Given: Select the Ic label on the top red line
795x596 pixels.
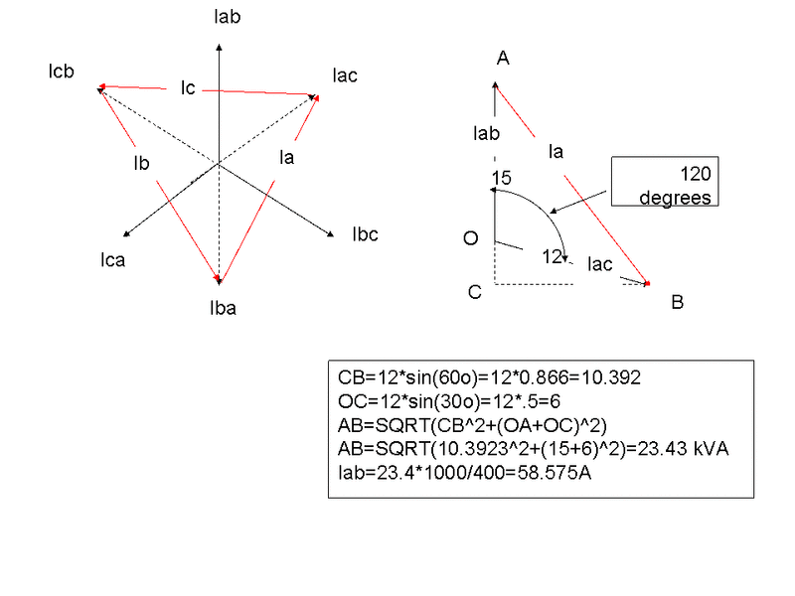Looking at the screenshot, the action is [187, 88].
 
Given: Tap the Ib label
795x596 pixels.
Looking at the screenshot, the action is [141, 163].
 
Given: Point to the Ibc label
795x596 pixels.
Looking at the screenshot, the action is [365, 235].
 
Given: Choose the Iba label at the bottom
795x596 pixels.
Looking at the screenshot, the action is [223, 308].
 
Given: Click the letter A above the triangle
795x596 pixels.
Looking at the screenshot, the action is [503, 59].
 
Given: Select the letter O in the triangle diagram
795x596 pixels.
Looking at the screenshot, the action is [471, 238].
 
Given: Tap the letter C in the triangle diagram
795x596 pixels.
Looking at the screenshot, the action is [475, 292].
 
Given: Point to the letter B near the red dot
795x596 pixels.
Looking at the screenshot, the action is [677, 303].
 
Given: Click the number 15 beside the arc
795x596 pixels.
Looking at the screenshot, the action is [502, 179].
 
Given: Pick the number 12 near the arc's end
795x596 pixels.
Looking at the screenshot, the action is [553, 257].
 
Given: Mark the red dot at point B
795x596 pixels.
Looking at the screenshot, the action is [647, 285].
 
